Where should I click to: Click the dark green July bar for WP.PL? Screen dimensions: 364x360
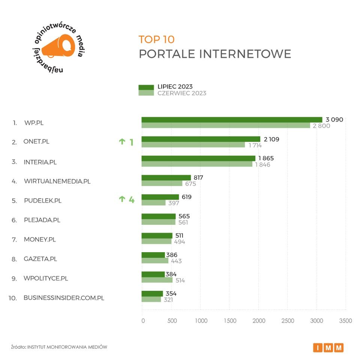232,120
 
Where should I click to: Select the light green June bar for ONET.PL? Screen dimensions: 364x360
193,145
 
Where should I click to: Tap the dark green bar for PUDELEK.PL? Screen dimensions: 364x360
160,197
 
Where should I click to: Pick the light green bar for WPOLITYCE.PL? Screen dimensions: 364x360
157,280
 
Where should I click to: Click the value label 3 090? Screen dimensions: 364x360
334,120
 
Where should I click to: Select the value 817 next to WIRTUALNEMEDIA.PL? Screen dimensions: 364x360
198,177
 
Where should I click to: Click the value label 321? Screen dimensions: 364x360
168,299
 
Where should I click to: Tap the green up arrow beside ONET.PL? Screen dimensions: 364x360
121,141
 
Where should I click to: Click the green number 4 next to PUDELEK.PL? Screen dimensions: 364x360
131,200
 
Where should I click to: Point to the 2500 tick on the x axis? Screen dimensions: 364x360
288,321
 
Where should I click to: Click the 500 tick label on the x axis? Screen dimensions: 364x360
172,321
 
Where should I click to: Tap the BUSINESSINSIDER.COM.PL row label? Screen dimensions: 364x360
64,298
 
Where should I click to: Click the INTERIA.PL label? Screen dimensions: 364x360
40,162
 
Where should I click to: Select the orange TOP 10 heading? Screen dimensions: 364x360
156,39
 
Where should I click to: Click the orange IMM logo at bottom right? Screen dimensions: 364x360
328,347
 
